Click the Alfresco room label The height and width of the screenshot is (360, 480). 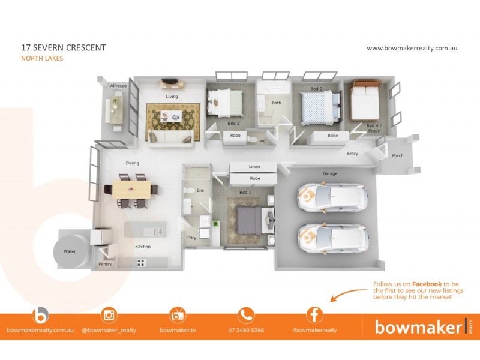point(118,86)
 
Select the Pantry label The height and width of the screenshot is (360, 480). point(104,264)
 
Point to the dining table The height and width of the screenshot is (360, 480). point(131,190)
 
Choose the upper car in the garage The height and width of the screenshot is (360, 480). point(332,196)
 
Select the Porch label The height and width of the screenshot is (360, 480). point(398,156)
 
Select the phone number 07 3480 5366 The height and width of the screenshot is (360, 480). point(246,330)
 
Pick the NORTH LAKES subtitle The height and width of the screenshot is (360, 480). point(42,58)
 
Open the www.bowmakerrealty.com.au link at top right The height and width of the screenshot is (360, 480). point(412,47)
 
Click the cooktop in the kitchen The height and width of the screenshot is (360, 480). point(142,262)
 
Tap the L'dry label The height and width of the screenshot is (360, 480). point(191,238)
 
